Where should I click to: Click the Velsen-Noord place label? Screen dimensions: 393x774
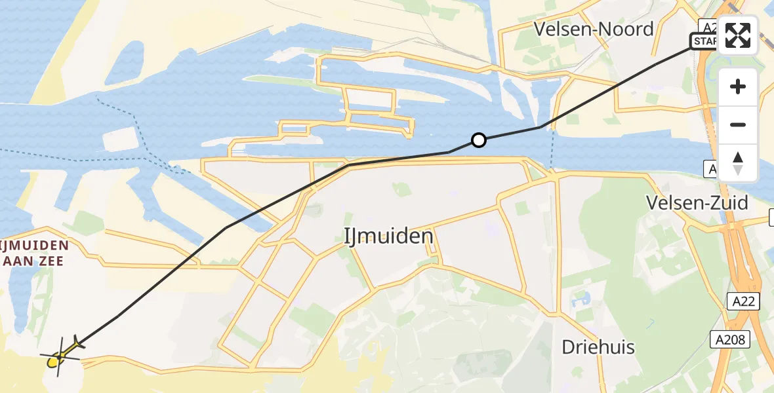point(594,29)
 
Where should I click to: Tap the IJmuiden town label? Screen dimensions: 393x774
point(389,236)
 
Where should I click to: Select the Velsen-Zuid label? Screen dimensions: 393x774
point(697,203)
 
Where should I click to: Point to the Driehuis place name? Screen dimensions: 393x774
point(598,347)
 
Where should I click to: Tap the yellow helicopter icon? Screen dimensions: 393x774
point(60,356)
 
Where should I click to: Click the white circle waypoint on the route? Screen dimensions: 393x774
point(479,140)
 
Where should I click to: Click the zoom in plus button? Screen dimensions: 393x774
point(738,87)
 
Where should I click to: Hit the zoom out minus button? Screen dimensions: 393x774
point(738,125)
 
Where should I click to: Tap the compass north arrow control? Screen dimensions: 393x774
point(738,162)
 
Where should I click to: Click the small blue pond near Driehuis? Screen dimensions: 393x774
point(580,300)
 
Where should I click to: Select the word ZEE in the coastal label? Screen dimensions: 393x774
point(52,261)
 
